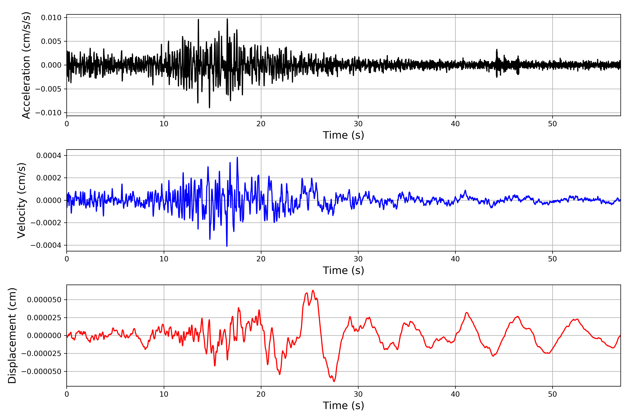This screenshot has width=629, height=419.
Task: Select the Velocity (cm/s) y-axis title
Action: coord(21,200)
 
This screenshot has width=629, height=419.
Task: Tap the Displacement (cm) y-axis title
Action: coord(12,336)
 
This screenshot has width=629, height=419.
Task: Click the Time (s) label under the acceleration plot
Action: coord(343,135)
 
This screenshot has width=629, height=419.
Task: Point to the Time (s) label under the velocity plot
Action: coord(343,270)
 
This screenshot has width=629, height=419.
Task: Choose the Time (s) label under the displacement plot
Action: coord(343,406)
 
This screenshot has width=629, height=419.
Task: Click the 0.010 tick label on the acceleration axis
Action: coord(51,18)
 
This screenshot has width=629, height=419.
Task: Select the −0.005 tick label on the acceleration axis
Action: coord(48,89)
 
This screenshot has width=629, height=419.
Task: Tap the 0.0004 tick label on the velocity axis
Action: coord(49,156)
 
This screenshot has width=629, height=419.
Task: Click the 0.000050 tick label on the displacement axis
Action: coord(44,300)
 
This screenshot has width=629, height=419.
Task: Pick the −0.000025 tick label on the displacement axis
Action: coord(41,354)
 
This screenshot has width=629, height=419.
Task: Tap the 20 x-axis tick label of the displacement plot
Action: coord(261,394)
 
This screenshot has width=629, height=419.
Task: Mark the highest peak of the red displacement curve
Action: coord(313,291)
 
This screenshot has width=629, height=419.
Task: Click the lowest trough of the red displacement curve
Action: coord(334,381)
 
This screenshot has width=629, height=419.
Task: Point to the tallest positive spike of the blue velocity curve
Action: coord(237,158)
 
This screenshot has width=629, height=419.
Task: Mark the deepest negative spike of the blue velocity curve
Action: coord(227,246)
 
